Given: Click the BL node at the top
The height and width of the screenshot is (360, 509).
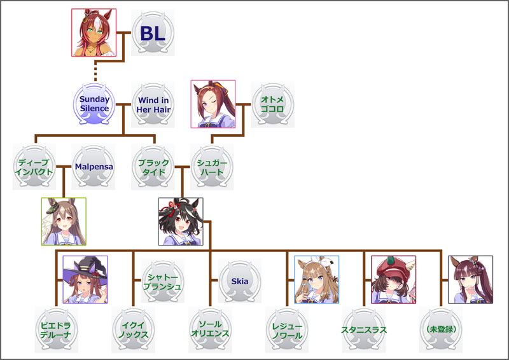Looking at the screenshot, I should pos(153,33).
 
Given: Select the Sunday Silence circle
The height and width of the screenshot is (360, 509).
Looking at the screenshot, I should pos(94,104).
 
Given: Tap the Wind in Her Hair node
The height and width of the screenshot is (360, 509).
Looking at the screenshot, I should pos(153,104).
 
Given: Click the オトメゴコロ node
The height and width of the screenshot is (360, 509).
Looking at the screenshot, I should pos(272,104).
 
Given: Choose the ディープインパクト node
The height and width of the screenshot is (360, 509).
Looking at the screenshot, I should pos(34,167).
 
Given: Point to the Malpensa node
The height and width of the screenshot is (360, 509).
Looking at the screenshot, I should pos(94,167).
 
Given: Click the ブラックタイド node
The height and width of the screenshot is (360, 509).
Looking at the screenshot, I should pos(153,167).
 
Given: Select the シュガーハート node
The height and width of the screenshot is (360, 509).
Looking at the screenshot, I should pos(213,167).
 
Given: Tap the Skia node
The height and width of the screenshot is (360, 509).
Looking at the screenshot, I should pos(240,280).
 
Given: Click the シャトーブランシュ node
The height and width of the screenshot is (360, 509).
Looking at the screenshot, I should pos(162,280).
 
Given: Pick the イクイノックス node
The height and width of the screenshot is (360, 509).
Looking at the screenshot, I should pos(134,329).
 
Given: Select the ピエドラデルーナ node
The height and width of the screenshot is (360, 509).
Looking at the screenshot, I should pos(56,329).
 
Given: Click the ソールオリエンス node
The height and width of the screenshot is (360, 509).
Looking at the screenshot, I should pos(210,329).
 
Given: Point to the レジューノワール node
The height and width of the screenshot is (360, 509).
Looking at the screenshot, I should pos(287,329).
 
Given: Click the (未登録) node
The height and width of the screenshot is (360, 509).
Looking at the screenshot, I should pos(441,329).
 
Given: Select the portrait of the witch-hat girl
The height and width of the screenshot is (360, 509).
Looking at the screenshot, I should pos(85,279).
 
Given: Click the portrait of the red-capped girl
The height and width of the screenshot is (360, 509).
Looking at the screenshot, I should pos(393,279).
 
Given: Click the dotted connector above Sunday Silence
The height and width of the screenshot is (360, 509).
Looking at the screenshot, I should pos(94,71).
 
